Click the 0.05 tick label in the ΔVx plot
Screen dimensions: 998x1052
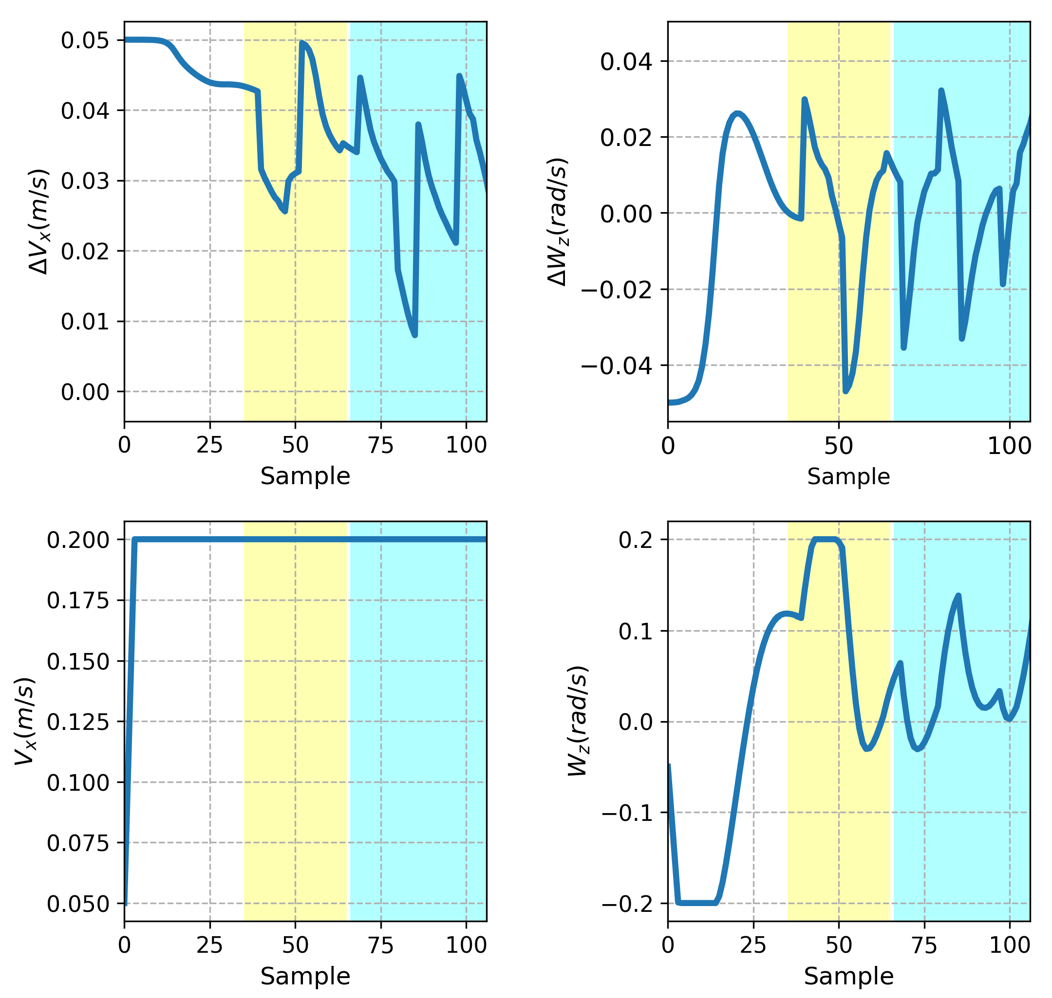[85, 40]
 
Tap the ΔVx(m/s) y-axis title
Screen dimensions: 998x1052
[38, 222]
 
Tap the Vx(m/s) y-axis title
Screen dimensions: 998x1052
[24, 723]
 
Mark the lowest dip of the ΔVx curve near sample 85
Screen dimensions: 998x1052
[415, 335]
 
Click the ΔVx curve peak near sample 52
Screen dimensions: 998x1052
[302, 42]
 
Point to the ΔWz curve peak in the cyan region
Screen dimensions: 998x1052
[941, 91]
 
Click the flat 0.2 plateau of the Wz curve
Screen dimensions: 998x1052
[825, 540]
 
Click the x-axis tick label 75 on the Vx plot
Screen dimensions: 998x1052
[381, 945]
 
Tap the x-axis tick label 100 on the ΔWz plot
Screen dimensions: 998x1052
[1010, 446]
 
